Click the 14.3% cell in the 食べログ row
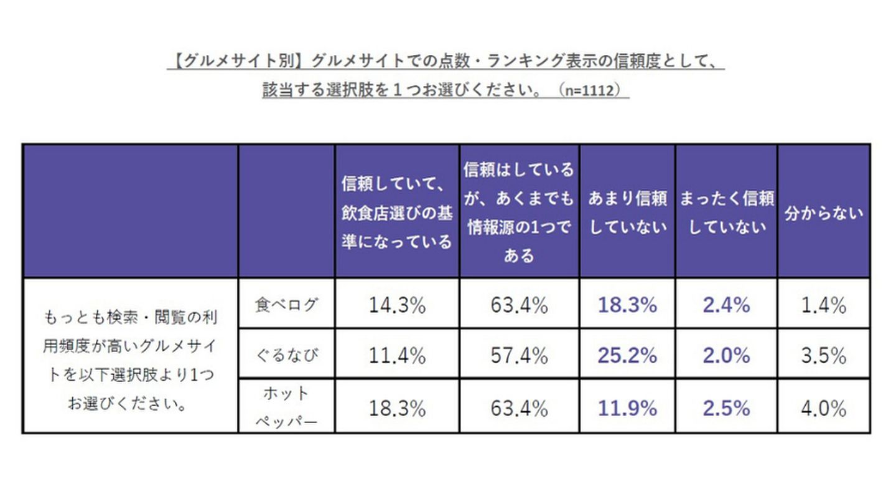coord(397,305)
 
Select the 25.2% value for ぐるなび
coord(627,356)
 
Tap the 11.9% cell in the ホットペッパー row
coord(627,408)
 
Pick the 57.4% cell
coord(519,356)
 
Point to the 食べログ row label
coord(286,305)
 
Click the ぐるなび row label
coord(286,356)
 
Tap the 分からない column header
coord(823,212)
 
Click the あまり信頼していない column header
coord(627,212)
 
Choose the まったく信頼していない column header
coord(726,212)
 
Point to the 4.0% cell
coord(823,408)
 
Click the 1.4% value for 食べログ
coord(823,305)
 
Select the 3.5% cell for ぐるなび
coord(823,356)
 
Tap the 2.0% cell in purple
coord(726,356)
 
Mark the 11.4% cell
coord(397,356)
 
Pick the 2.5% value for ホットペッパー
coord(726,408)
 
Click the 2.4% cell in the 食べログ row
coord(726,305)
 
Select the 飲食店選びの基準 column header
coord(397,212)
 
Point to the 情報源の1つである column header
coord(519,212)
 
